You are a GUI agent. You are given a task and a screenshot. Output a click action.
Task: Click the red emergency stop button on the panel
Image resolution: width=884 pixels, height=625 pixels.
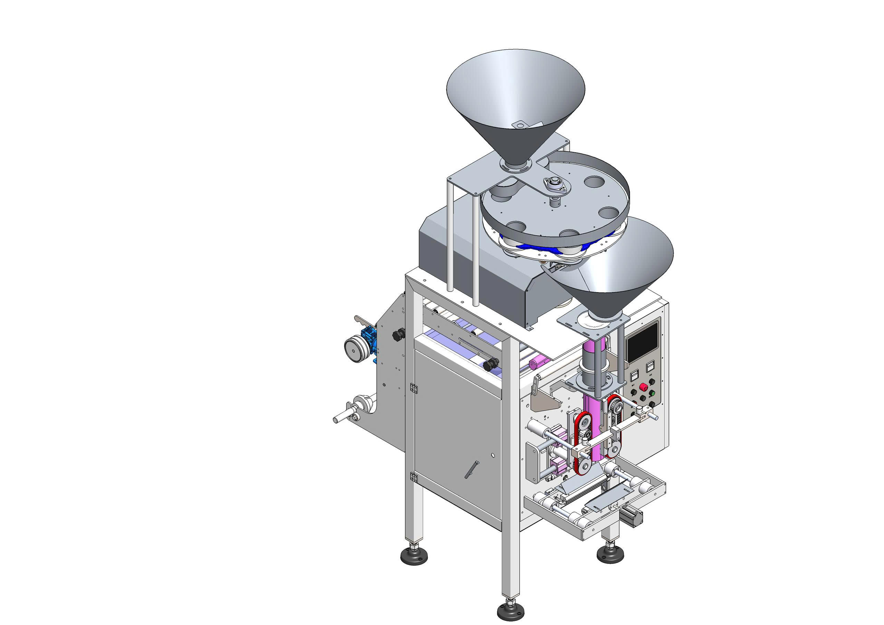(642, 386)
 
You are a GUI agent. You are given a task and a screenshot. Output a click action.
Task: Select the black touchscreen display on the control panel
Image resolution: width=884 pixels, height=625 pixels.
(642, 341)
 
